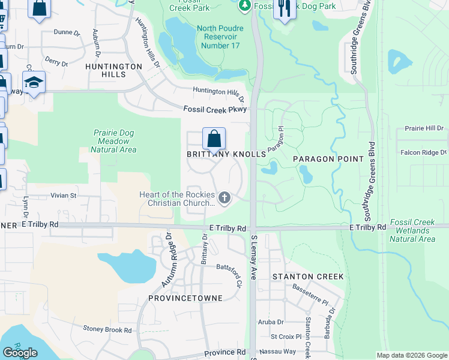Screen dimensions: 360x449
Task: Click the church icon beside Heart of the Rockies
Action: pyautogui.click(x=224, y=197)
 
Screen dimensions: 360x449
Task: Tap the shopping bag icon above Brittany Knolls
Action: pyautogui.click(x=214, y=139)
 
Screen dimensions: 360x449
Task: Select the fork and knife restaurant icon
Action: pyautogui.click(x=284, y=8)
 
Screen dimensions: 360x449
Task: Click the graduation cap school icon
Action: pyautogui.click(x=34, y=82)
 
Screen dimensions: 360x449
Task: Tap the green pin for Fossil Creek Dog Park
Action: pyautogui.click(x=244, y=6)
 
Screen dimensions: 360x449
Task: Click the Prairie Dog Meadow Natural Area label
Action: pyautogui.click(x=113, y=141)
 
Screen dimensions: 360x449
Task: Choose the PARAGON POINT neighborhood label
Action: pyautogui.click(x=328, y=159)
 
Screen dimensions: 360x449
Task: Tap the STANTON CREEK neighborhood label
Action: pyautogui.click(x=308, y=277)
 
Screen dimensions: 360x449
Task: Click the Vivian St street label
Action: pyautogui.click(x=64, y=195)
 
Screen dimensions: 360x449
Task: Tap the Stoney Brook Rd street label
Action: pyautogui.click(x=107, y=329)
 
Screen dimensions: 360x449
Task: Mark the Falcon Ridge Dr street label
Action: pyautogui.click(x=424, y=152)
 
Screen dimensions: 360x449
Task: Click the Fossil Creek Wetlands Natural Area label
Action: pyautogui.click(x=412, y=230)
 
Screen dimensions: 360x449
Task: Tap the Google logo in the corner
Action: pyautogui.click(x=20, y=353)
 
